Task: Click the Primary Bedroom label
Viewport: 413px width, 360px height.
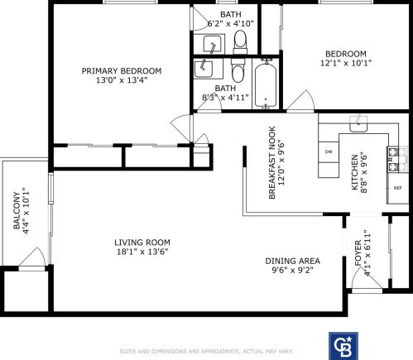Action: coord(122,70)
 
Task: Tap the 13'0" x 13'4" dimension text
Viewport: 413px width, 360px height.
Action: coord(122,80)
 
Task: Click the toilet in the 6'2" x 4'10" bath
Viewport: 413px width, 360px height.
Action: coord(241,39)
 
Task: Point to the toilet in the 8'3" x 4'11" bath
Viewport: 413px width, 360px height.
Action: coord(238,73)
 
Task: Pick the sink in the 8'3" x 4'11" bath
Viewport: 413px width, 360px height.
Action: coord(205,70)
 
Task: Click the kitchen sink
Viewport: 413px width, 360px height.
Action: coord(358,125)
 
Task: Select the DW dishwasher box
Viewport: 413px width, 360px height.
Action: coord(329,152)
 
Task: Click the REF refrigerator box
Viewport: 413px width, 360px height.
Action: coord(397,188)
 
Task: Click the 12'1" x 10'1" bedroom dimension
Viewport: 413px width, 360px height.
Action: coord(348,61)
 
